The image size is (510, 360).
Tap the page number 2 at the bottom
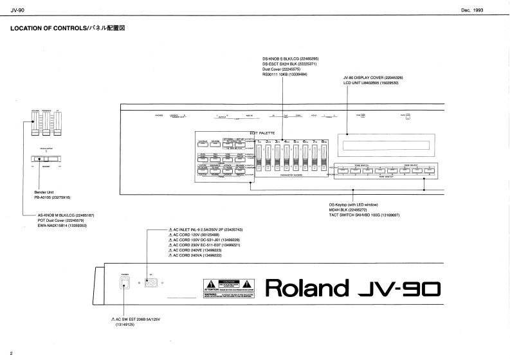[x=11, y=353]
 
